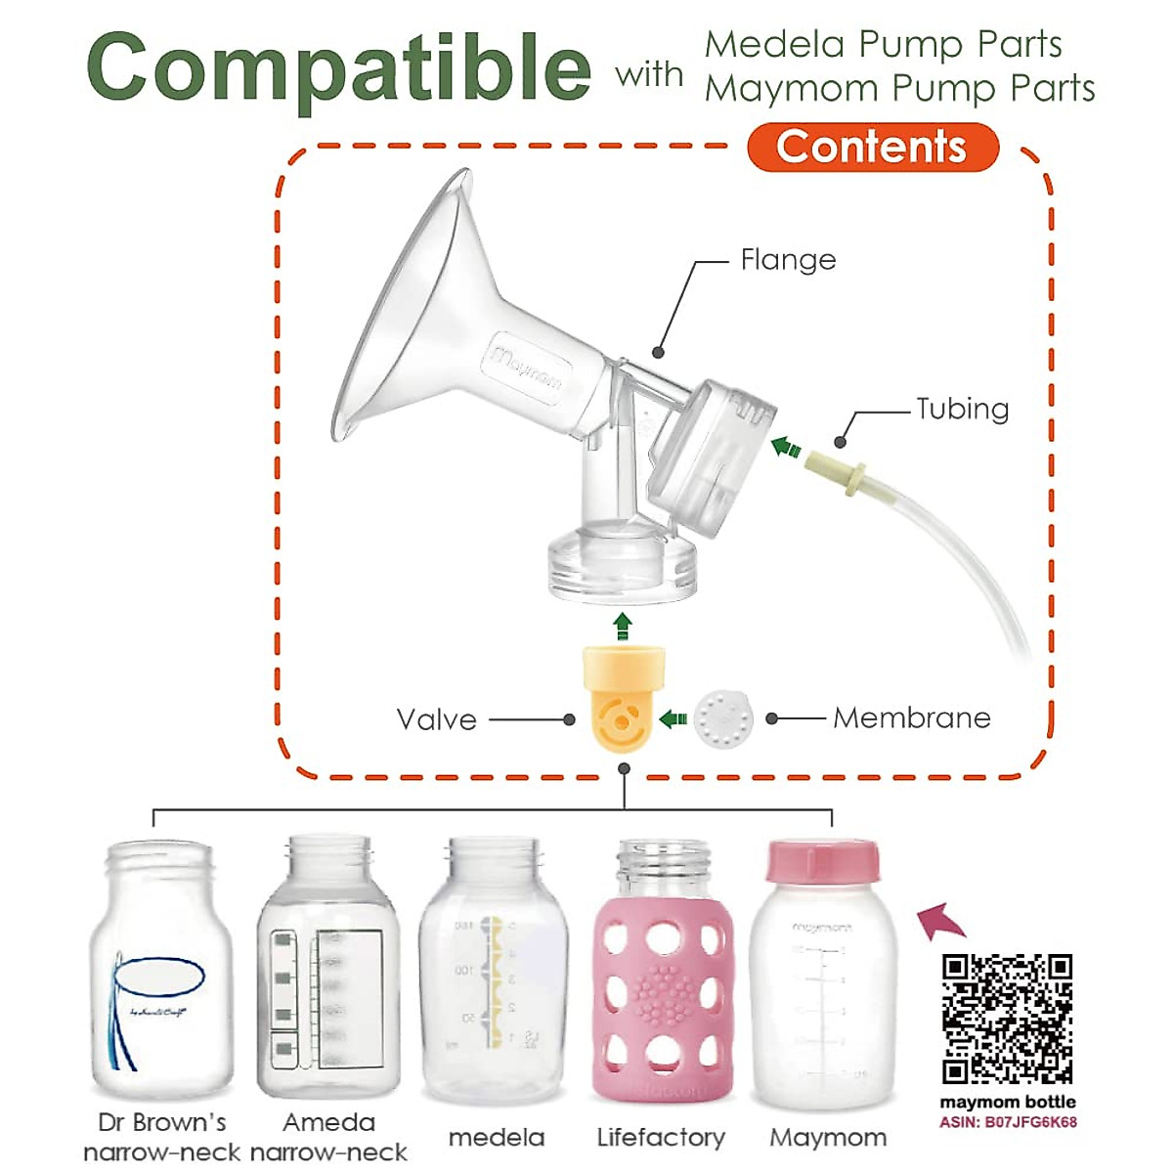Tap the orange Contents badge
872,148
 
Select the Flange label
788,260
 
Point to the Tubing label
962,409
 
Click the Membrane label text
911,718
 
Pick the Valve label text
437,720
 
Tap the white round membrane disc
723,718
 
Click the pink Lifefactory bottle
662,977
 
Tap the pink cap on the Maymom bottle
822,861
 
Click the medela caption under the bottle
497,1138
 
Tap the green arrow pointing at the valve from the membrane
673,719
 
